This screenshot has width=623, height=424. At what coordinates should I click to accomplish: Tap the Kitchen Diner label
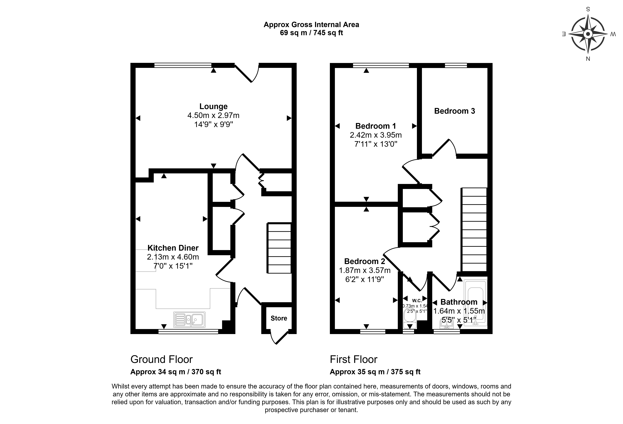pyautogui.click(x=173, y=248)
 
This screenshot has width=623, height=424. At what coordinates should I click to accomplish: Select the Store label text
pyautogui.click(x=279, y=318)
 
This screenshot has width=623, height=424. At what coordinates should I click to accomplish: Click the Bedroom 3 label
pyautogui.click(x=455, y=111)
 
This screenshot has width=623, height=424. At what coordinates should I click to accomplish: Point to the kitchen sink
pyautogui.click(x=189, y=320)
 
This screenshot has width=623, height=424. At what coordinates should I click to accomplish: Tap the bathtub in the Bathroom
pyautogui.click(x=475, y=303)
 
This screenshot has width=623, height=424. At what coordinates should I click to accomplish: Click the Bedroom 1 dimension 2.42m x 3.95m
pyautogui.click(x=376, y=135)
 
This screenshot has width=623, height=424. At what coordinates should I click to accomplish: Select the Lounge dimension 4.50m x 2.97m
pyautogui.click(x=213, y=115)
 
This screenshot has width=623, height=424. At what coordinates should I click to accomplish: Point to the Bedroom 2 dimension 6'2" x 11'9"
pyautogui.click(x=365, y=279)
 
